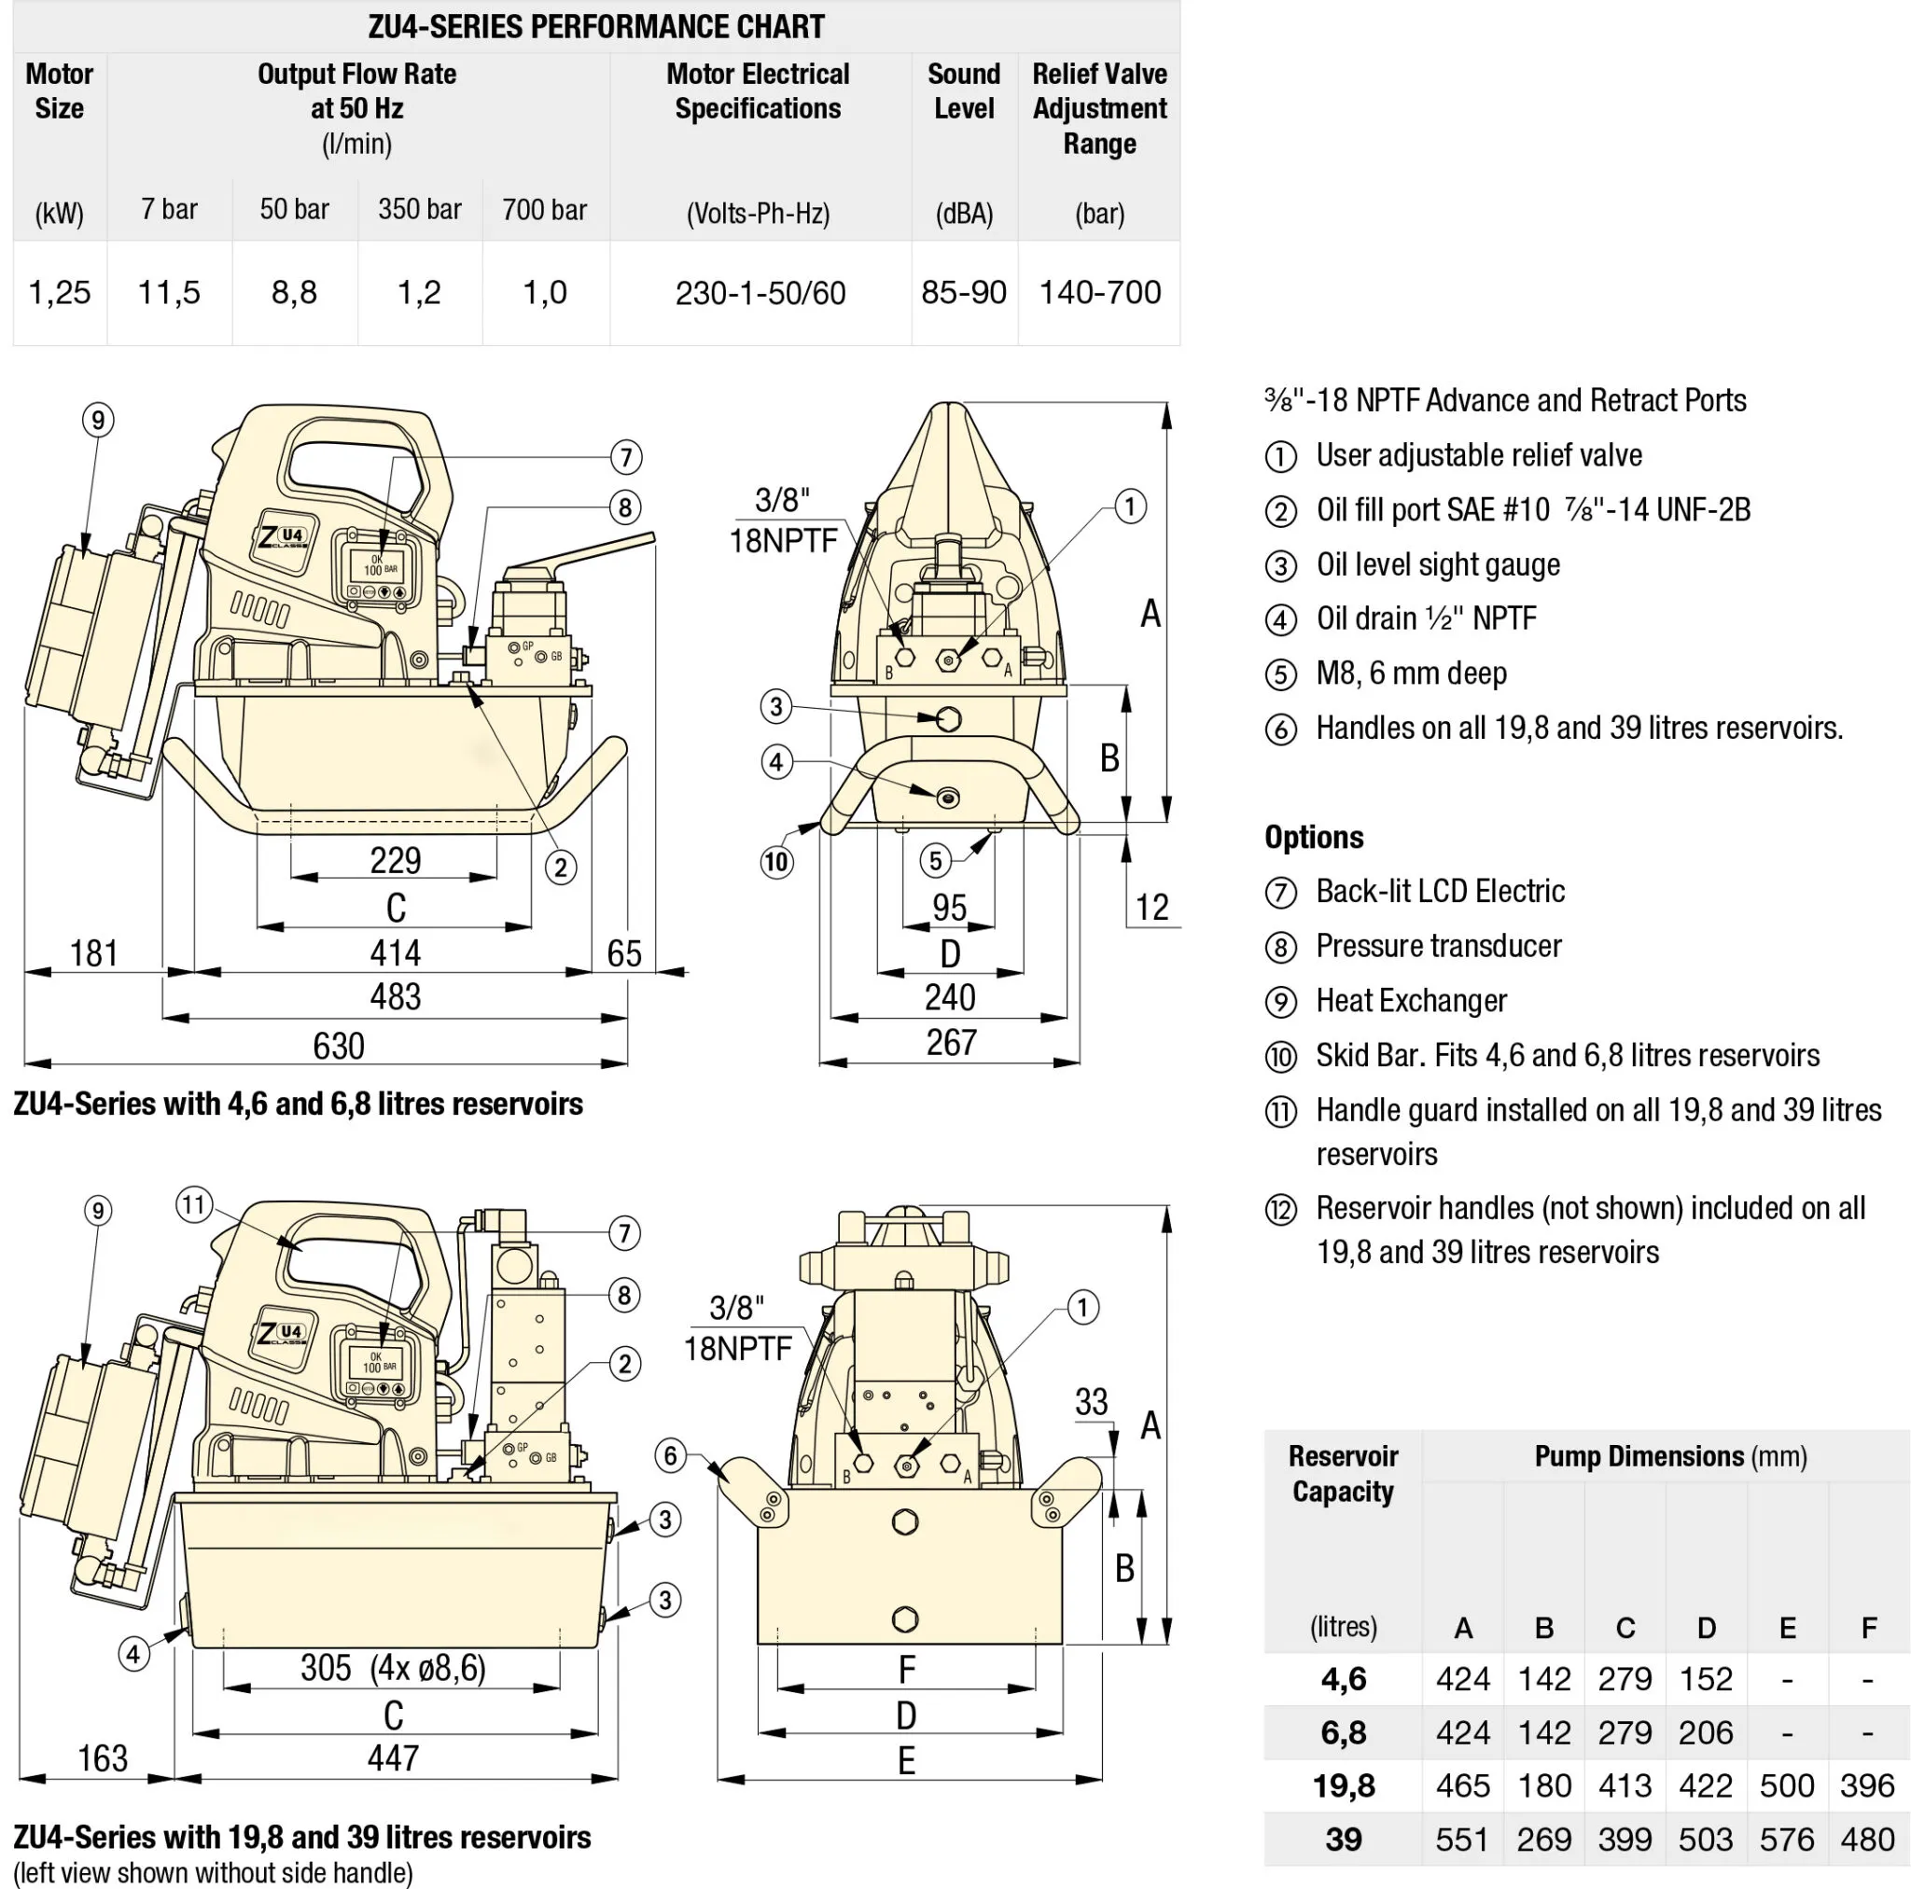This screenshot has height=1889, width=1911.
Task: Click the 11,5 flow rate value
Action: (169, 293)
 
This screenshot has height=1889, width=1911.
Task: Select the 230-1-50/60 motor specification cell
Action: (760, 294)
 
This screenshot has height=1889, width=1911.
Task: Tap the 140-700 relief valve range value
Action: (1099, 293)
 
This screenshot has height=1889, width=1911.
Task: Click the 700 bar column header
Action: (544, 210)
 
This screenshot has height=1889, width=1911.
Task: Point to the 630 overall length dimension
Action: (339, 1047)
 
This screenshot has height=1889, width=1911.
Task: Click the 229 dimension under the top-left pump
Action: (395, 860)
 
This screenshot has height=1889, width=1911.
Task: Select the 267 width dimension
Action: (951, 1042)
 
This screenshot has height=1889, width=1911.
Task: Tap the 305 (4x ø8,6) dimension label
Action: (393, 1669)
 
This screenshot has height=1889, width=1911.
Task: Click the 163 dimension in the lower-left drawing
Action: (103, 1758)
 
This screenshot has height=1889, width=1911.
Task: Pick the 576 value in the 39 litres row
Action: (1786, 1840)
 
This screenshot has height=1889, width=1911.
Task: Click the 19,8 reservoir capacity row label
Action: (1344, 1786)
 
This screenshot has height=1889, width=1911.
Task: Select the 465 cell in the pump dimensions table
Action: (1462, 1786)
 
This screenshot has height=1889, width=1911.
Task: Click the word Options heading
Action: (1314, 838)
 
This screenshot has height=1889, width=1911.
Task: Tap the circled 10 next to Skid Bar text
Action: (1281, 1057)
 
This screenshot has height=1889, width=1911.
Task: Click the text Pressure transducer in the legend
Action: (1438, 947)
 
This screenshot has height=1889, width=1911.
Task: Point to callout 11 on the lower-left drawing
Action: (194, 1204)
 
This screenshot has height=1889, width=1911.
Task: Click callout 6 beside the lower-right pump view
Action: (671, 1455)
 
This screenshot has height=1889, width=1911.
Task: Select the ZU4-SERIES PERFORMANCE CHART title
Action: (596, 27)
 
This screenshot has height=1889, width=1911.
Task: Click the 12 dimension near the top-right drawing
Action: (1151, 907)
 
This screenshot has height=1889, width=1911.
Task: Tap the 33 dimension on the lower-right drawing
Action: (1091, 1401)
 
